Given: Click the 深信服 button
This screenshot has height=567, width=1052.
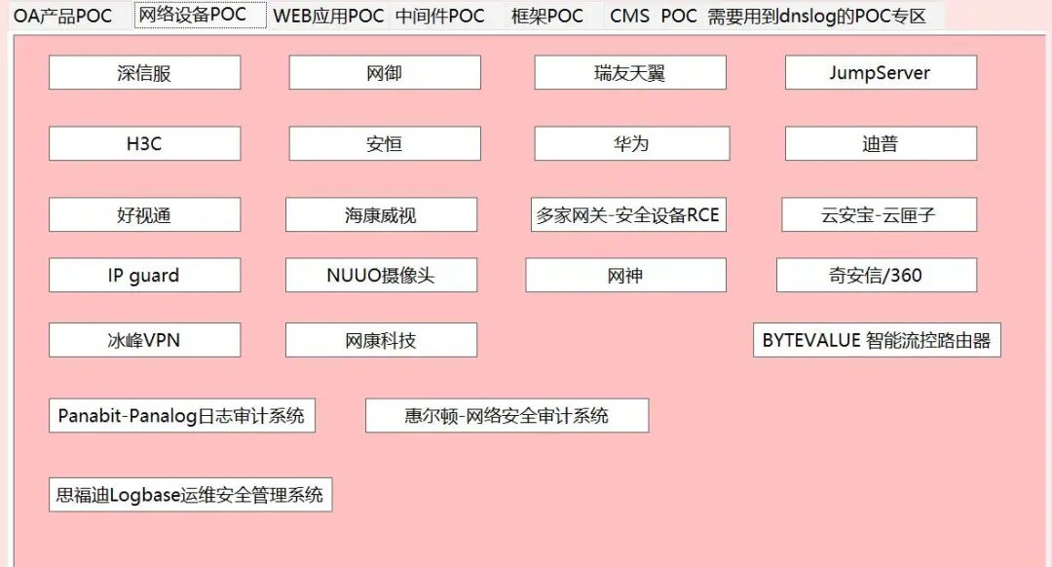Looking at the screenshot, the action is [144, 73].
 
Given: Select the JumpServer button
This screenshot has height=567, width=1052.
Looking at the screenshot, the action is [880, 73].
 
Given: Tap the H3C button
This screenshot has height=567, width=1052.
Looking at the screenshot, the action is [144, 144].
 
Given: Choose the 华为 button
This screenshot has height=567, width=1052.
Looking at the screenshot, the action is [631, 144].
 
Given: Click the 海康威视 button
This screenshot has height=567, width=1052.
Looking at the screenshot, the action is [381, 215].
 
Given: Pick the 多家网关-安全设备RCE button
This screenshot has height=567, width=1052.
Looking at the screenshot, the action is [627, 215].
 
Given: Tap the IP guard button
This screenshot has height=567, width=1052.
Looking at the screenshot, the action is [144, 276].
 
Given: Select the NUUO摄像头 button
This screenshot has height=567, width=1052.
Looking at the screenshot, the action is [381, 276].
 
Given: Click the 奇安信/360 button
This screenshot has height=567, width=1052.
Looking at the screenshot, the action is [876, 276].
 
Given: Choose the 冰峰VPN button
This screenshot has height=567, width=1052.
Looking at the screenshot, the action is [144, 340].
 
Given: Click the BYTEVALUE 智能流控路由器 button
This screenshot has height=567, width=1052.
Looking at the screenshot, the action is [877, 340].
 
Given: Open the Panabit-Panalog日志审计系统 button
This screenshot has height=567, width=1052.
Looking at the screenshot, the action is [181, 416].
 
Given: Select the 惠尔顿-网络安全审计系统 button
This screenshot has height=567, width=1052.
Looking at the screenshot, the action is [507, 416].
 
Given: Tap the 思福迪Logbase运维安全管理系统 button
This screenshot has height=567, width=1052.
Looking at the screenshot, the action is [190, 495].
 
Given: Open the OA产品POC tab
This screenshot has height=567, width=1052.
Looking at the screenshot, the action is [63, 17].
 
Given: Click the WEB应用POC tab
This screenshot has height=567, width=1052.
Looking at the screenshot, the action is [328, 17].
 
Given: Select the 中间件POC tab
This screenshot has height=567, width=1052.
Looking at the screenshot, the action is [440, 17].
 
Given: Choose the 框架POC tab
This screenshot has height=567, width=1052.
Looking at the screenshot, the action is [547, 17].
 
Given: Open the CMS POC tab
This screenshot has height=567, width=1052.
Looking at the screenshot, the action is [653, 17].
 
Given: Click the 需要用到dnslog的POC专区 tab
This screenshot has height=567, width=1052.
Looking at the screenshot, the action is [816, 17].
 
